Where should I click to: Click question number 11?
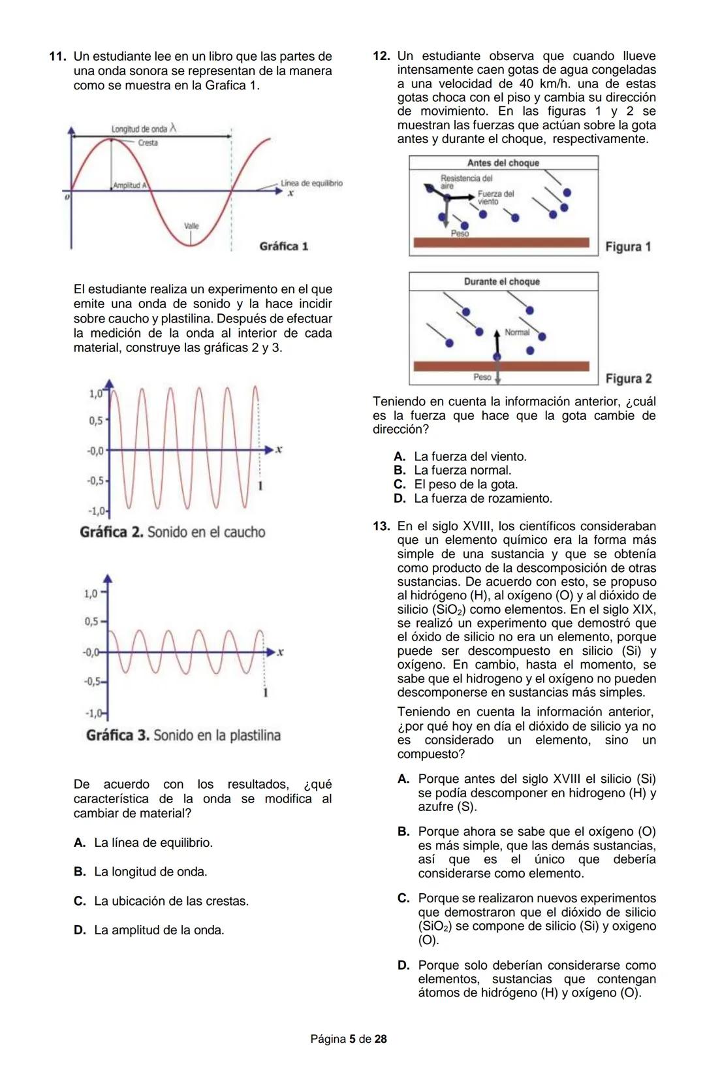[x=57, y=57]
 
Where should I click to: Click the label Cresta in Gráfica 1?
[x=148, y=143]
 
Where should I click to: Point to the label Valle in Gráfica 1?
[x=191, y=226]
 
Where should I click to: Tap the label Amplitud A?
[x=130, y=185]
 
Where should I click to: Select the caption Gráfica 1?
[x=283, y=246]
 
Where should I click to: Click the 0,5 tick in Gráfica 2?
[x=96, y=420]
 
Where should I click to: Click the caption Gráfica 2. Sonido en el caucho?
[x=172, y=532]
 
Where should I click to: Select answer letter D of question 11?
[x=80, y=930]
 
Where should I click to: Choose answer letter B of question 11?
[x=80, y=872]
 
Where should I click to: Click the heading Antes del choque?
[x=503, y=163]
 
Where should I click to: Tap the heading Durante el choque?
[x=501, y=281]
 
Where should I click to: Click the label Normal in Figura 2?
[x=517, y=332]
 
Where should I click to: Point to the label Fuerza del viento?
[x=495, y=197]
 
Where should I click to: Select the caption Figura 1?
[x=628, y=247]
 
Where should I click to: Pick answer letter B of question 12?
[x=399, y=470]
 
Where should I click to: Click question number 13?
[x=381, y=526]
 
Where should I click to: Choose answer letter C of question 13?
[x=403, y=898]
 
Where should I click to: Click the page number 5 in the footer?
[x=352, y=1039]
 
